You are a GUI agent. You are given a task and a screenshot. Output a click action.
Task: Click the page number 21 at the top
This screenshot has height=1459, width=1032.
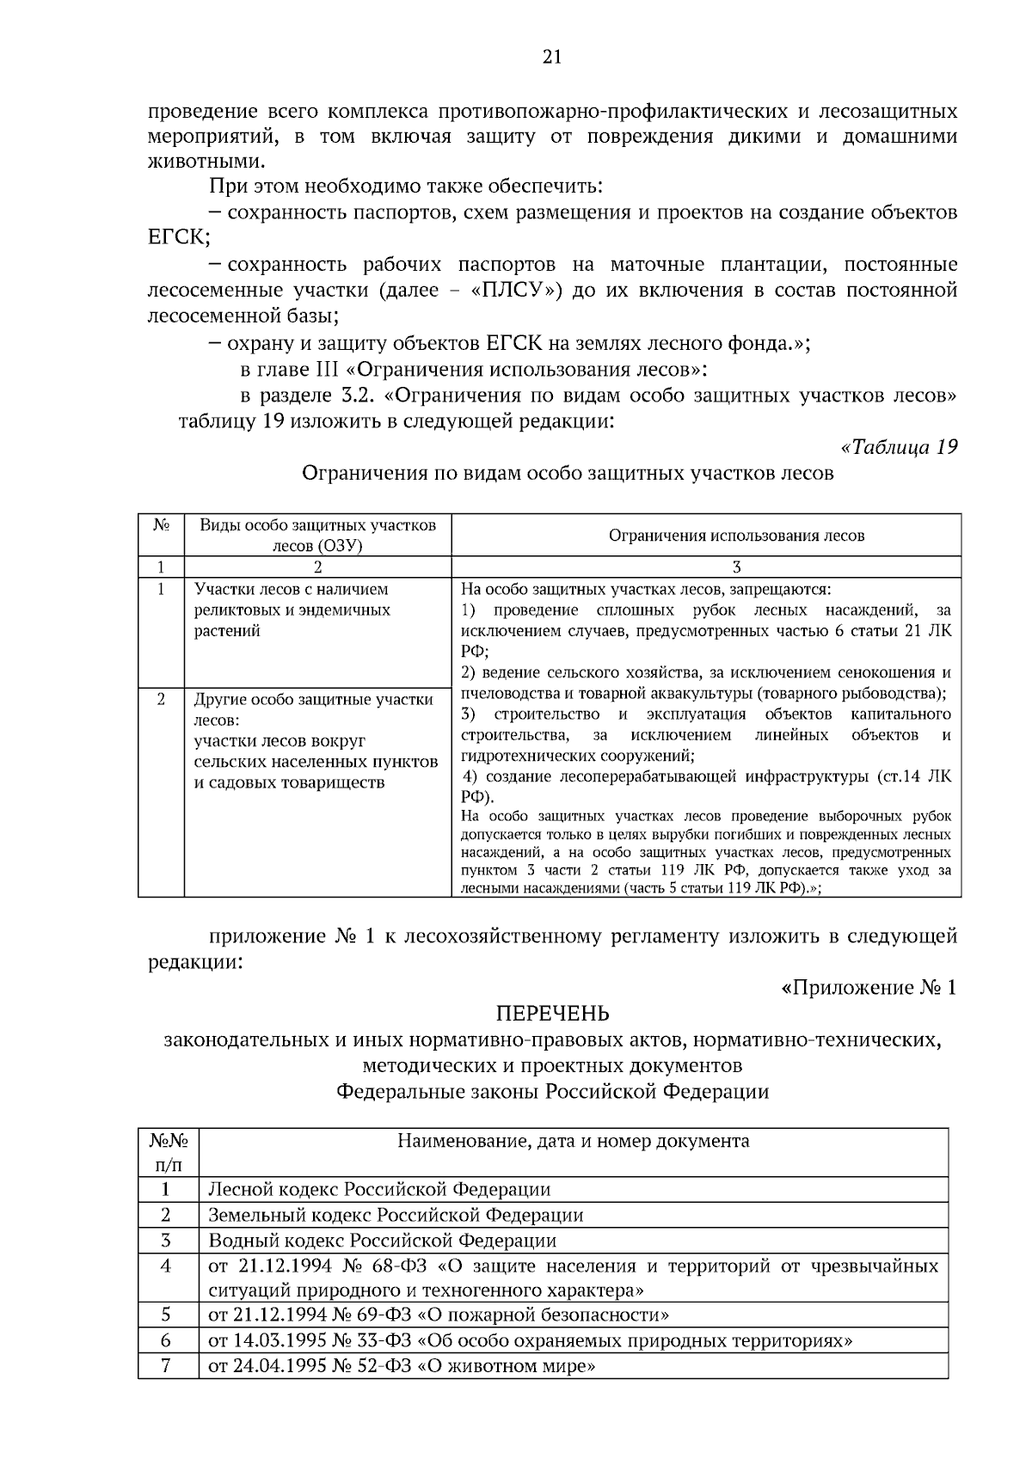click(x=551, y=58)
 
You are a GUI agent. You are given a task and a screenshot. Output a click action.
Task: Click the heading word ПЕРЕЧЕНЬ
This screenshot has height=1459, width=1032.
click(x=552, y=1014)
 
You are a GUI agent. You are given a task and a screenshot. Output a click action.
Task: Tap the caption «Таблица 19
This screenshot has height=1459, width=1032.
click(x=898, y=448)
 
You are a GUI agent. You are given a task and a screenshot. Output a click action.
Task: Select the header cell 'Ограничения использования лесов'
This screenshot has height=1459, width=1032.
click(x=736, y=536)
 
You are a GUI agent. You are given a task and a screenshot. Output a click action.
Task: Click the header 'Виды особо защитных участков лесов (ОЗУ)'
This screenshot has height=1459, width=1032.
click(x=317, y=536)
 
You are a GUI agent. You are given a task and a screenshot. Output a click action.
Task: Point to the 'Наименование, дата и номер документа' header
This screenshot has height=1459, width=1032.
click(x=573, y=1141)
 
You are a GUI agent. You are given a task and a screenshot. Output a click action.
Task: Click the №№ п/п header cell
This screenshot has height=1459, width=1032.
click(x=168, y=1152)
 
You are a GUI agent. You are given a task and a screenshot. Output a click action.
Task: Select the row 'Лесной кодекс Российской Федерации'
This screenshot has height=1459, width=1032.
click(x=379, y=1189)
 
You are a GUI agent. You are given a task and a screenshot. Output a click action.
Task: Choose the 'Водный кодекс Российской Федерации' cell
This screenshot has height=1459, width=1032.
click(x=383, y=1241)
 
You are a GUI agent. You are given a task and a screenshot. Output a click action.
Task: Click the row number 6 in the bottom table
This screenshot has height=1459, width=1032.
click(x=167, y=1340)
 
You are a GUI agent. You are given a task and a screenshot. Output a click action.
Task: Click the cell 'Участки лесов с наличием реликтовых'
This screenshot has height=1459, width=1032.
click(x=292, y=610)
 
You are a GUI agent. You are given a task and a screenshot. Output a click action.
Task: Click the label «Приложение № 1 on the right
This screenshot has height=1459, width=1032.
click(x=869, y=988)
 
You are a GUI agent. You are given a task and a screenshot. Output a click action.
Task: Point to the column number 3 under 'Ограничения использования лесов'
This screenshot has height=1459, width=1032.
click(x=736, y=567)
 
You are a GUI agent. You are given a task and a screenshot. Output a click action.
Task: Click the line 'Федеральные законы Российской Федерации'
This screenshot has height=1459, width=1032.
click(x=552, y=1092)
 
